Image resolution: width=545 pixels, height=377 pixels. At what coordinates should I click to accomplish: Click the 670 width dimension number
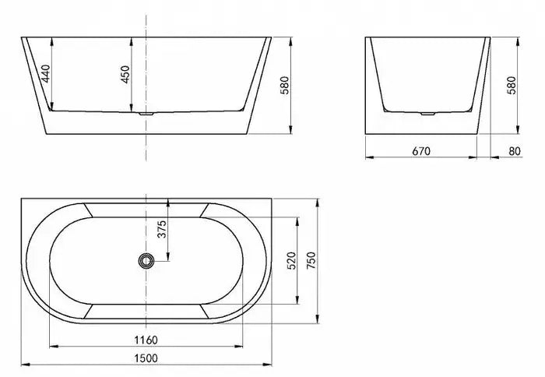click(x=421, y=150)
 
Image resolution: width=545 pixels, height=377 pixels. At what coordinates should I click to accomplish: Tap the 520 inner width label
click(x=290, y=261)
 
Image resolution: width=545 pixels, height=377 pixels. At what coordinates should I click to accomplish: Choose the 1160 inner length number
click(x=146, y=339)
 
